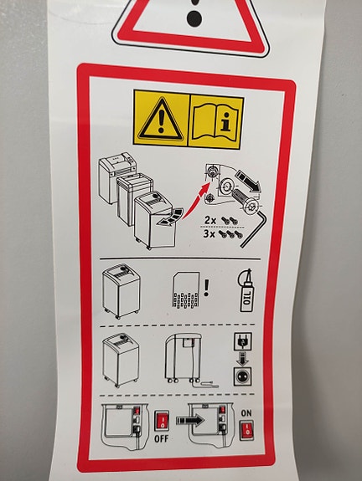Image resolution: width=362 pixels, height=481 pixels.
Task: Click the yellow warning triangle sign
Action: [162, 118]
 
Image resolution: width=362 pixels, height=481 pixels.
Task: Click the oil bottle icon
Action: [246, 290]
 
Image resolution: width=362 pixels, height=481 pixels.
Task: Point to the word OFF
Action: [162, 438]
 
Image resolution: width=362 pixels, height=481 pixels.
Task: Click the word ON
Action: [246, 413]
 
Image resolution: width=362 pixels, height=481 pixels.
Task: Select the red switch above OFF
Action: [162, 420]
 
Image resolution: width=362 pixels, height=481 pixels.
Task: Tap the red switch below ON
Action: [246, 430]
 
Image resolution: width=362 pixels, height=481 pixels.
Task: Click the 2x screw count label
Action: [210, 220]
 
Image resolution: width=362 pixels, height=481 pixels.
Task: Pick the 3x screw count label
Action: [209, 234]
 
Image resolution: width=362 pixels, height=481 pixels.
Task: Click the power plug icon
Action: [243, 341]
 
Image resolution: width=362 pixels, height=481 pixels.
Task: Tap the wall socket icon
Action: [243, 376]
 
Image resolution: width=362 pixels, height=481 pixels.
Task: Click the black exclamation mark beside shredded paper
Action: [206, 288]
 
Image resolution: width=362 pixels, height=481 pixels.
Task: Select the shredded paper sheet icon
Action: [185, 289]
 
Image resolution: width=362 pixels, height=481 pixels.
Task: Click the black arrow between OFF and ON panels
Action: [190, 420]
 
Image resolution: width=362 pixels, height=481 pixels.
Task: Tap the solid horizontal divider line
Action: [180, 259]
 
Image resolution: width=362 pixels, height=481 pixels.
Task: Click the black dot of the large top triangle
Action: [194, 18]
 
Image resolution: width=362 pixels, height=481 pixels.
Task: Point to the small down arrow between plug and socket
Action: [243, 359]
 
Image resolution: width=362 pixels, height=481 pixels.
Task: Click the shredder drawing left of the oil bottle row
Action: [121, 291]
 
